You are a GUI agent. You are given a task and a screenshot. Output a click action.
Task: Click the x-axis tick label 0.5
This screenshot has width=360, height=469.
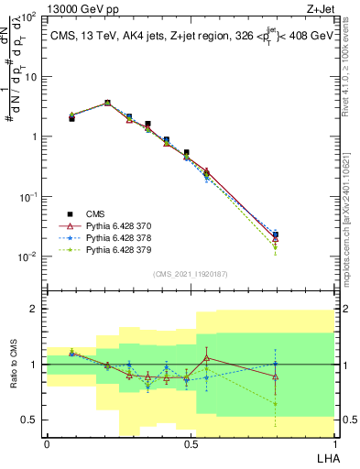[191, 443]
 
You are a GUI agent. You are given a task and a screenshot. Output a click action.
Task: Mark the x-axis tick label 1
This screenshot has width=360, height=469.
[334, 443]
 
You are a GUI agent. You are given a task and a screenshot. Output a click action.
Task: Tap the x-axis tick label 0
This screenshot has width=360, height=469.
[47, 443]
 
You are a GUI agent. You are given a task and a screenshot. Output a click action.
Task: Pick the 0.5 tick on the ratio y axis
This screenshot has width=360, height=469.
[30, 420]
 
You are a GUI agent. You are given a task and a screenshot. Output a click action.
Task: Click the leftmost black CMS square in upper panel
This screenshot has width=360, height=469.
[71, 118]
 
